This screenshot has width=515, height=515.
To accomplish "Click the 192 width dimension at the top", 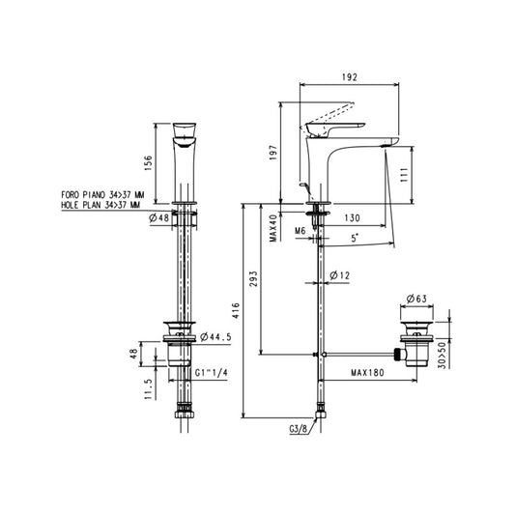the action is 349,77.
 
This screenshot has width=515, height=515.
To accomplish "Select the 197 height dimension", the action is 273,153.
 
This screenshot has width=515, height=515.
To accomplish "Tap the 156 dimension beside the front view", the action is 148,163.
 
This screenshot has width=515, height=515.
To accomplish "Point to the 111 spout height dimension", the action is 404,175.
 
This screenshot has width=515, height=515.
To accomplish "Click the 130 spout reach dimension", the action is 352,218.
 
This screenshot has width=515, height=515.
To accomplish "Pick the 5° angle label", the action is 355,238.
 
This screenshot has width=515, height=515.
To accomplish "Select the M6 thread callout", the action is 300,231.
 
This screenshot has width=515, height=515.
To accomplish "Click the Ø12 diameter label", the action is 339,275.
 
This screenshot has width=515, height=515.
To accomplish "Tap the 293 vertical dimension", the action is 253,279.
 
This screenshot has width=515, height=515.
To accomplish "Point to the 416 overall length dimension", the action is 236,311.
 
